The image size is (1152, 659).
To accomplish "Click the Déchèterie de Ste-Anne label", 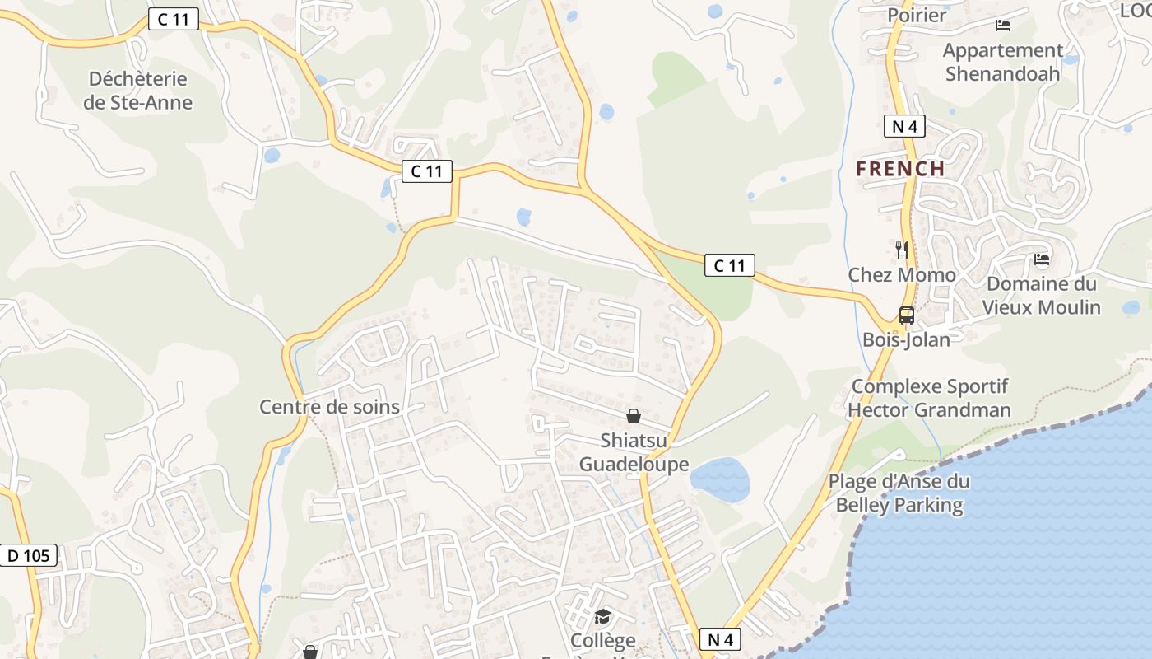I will click(137, 91).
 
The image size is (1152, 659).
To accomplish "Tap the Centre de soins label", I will click(329, 406).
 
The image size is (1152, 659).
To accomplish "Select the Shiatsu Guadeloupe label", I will click(634, 452).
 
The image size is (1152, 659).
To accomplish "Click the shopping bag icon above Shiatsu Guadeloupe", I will click(634, 416).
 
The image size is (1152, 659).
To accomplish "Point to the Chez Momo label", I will click(902, 274).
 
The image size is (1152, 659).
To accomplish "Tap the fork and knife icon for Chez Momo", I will click(902, 250).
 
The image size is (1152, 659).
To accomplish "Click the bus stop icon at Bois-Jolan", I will click(906, 315).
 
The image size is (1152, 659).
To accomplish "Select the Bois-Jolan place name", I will click(906, 339).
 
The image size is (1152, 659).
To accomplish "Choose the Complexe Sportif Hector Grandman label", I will click(929, 398).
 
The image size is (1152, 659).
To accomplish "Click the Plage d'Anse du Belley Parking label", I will click(899, 493).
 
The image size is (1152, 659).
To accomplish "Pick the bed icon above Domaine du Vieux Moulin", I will click(1042, 260).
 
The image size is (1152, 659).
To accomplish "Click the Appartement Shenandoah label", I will click(1002, 62).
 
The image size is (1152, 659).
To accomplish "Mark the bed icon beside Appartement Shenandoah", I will click(1002, 26).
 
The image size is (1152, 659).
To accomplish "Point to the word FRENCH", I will click(900, 169).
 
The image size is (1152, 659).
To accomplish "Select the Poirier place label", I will click(917, 14).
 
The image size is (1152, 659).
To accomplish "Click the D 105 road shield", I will click(29, 555).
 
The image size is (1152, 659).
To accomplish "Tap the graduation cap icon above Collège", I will click(603, 616).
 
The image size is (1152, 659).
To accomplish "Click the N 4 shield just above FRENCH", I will click(904, 126).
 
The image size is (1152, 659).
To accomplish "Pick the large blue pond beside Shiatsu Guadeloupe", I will click(720, 480).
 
